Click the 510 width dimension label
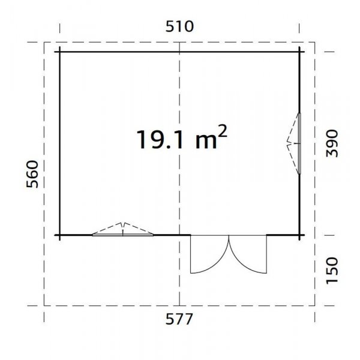(x=180, y=26)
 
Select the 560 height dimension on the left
(x=34, y=175)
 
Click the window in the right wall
(x=299, y=143)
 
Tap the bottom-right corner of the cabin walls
(x=301, y=235)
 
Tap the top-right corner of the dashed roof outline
(x=316, y=42)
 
